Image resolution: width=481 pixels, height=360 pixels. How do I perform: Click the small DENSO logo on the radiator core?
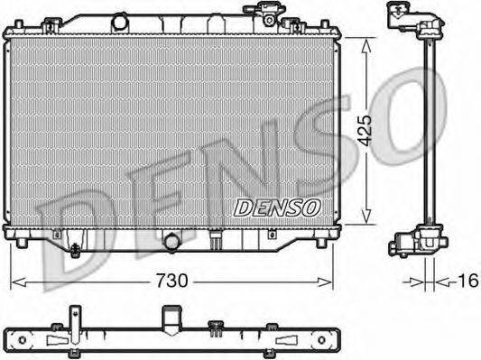(277, 208)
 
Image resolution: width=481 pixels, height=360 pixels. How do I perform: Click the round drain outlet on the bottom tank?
(171, 242)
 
